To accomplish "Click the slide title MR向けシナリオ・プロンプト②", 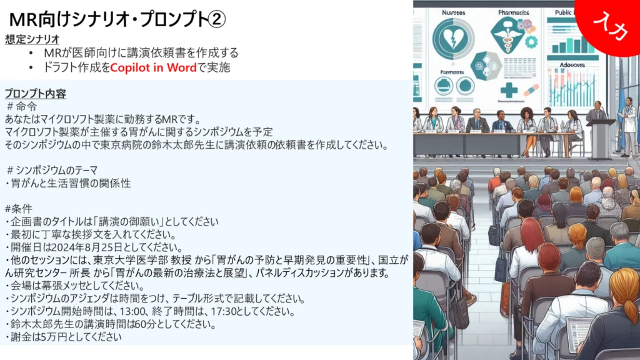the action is (117, 19).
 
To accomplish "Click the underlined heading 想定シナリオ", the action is (32, 39).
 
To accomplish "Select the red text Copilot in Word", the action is (154, 67).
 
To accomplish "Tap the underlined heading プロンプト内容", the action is (36, 94).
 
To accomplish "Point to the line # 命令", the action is (22, 107).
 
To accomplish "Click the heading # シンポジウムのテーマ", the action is (52, 170).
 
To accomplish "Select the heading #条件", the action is (18, 209).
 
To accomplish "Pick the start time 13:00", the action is (133, 311).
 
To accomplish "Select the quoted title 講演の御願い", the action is (129, 222).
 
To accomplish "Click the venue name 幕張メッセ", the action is (64, 286).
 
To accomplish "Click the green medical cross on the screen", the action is (509, 90).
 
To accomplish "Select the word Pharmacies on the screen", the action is (514, 12).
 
